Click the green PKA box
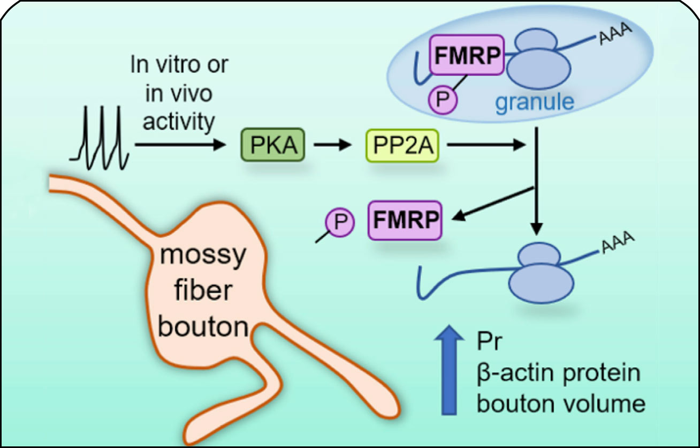coord(273,145)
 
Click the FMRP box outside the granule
coord(405,220)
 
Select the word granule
coord(534,101)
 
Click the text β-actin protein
coord(558,372)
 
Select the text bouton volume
coord(561,403)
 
